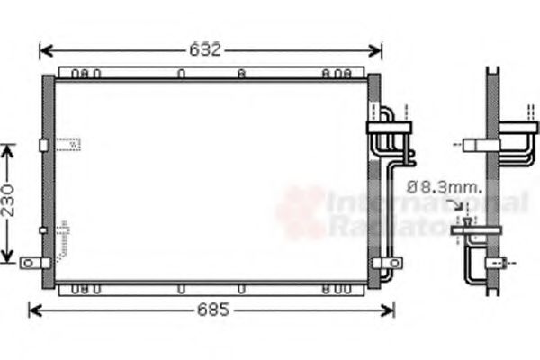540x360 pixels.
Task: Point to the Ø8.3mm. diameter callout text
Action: pos(444,188)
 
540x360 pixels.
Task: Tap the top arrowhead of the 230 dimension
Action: pos(9,149)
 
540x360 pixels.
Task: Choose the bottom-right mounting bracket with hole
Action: pos(389,263)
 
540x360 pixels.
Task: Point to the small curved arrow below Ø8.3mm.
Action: pos(465,208)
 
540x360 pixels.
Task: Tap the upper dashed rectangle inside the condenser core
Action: pos(68,143)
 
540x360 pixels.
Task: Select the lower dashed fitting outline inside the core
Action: pos(63,236)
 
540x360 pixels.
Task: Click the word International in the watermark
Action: pos(428,205)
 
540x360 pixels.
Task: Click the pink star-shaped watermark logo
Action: pos(301,212)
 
